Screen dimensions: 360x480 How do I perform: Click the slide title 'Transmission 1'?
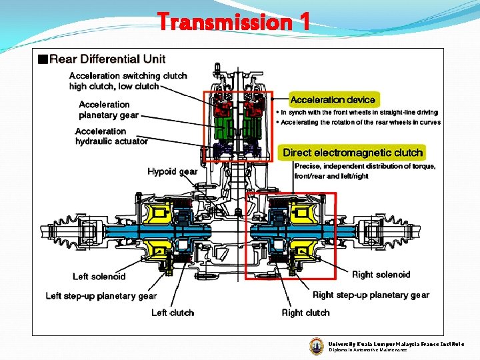click(233, 22)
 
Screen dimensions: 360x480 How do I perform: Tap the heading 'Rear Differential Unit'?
click(107, 59)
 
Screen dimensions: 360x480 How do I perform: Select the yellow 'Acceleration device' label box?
click(333, 100)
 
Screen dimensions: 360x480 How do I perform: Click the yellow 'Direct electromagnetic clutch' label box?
click(353, 153)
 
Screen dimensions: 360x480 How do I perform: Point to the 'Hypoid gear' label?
click(172, 172)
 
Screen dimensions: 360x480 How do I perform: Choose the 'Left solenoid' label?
click(99, 277)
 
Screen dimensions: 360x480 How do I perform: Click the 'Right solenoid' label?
click(381, 275)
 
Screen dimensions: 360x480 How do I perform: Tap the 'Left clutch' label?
click(173, 313)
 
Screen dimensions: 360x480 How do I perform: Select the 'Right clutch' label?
click(305, 313)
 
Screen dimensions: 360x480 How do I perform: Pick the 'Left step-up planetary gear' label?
click(101, 296)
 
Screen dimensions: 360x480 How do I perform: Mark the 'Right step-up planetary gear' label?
click(371, 295)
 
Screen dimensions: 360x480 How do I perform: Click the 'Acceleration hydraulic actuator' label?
click(111, 136)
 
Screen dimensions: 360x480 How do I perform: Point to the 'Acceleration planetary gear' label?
click(109, 109)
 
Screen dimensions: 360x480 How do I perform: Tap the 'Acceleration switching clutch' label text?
click(128, 76)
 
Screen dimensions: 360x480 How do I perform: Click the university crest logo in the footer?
click(316, 346)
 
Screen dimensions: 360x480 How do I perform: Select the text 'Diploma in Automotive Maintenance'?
click(367, 350)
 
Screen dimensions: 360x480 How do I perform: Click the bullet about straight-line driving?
click(359, 113)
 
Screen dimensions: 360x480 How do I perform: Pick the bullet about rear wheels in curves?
click(361, 123)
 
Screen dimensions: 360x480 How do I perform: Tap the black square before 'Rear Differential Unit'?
click(43, 59)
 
